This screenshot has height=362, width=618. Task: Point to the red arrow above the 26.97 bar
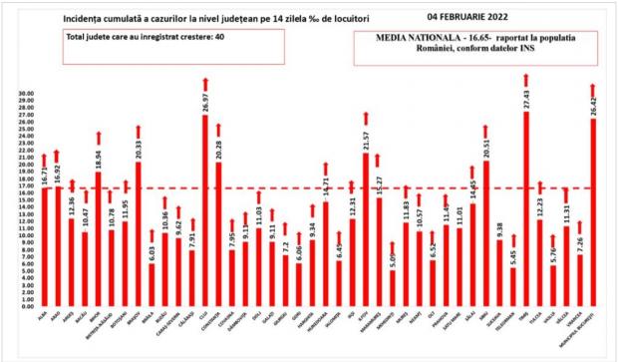point(205,85)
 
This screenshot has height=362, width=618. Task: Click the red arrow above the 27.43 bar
point(525,82)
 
